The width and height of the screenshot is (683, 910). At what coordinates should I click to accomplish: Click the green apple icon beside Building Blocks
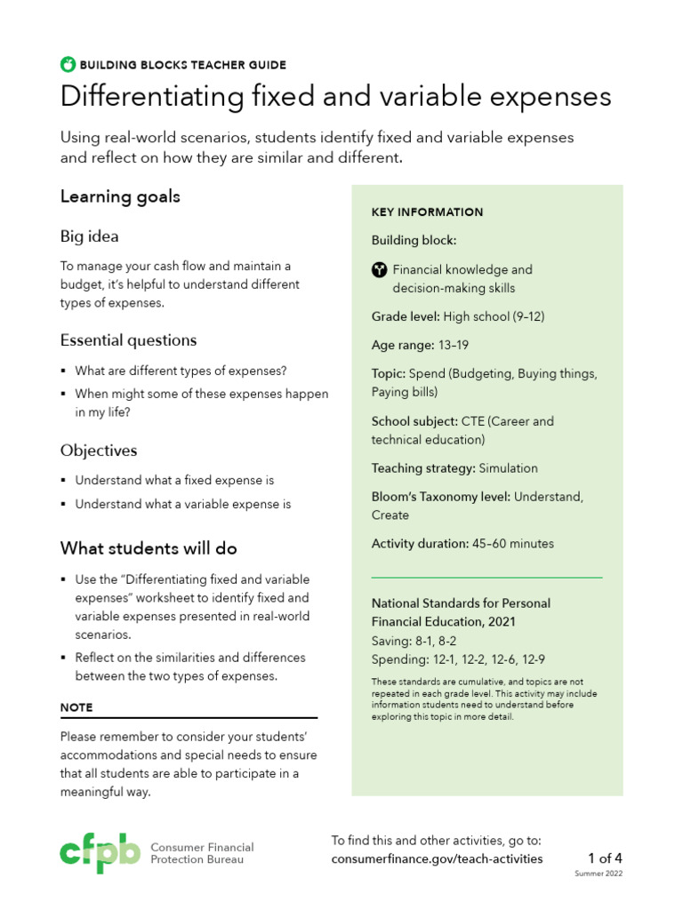pyautogui.click(x=68, y=64)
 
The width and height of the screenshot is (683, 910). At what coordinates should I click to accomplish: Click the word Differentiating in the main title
pyautogui.click(x=139, y=97)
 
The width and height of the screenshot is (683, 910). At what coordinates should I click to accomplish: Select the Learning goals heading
pyautogui.click(x=120, y=196)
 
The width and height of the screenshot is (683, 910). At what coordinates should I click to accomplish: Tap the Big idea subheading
pyautogui.click(x=89, y=236)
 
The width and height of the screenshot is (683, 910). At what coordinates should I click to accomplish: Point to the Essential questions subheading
pyautogui.click(x=128, y=340)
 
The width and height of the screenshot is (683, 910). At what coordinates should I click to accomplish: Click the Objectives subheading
pyautogui.click(x=99, y=451)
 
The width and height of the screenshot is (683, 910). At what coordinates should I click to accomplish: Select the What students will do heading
pyautogui.click(x=149, y=548)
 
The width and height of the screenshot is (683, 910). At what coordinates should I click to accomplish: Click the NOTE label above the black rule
pyautogui.click(x=76, y=707)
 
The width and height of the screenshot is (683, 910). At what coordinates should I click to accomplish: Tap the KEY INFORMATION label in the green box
pyautogui.click(x=427, y=212)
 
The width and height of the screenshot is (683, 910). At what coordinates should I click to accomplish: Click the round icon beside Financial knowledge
pyautogui.click(x=379, y=269)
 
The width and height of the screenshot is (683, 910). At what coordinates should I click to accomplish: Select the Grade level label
pyautogui.click(x=405, y=316)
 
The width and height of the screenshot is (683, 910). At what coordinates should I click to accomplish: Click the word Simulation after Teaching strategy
pyautogui.click(x=508, y=468)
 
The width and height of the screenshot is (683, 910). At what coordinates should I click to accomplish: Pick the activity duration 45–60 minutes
pyautogui.click(x=512, y=544)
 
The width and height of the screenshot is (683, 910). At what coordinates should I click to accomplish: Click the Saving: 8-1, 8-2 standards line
pyautogui.click(x=414, y=641)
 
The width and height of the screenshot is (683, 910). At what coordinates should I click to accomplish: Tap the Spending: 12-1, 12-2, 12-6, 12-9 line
pyautogui.click(x=458, y=659)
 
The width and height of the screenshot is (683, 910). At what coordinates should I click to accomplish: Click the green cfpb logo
pyautogui.click(x=100, y=853)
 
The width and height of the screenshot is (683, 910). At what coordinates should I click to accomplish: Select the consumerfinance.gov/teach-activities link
pyautogui.click(x=437, y=858)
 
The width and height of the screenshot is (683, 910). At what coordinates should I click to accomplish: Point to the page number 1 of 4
pyautogui.click(x=605, y=858)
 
